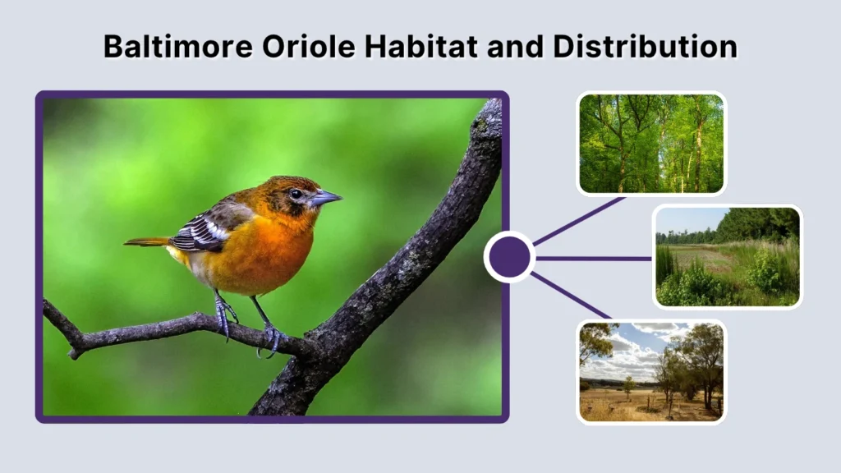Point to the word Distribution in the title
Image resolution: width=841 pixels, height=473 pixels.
point(645,47)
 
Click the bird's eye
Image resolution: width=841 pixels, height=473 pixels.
point(295,194)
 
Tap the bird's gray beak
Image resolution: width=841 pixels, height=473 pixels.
point(325,198)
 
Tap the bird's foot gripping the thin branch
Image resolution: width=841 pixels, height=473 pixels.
point(272,337)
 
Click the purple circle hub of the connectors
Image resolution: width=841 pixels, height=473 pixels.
point(509,257)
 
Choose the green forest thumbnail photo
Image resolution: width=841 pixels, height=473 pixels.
point(651,144)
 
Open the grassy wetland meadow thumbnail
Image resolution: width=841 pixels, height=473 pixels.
point(727,256)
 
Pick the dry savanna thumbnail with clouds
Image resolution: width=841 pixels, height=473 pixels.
point(651,371)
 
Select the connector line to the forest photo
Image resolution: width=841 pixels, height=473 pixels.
point(579,221)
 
